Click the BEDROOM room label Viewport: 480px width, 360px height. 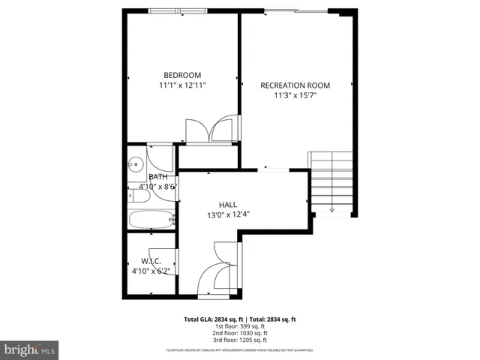pyautogui.click(x=182, y=74)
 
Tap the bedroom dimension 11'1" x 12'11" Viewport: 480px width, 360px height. pyautogui.click(x=182, y=85)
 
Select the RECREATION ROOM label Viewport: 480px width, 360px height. pyautogui.click(x=295, y=85)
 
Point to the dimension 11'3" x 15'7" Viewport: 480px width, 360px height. pyautogui.click(x=295, y=95)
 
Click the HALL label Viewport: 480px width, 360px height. pyautogui.click(x=228, y=204)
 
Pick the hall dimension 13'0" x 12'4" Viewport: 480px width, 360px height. pyautogui.click(x=228, y=214)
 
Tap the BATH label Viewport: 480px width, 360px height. pyautogui.click(x=157, y=176)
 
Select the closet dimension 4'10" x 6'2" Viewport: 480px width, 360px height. pyautogui.click(x=151, y=271)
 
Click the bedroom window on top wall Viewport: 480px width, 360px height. pyautogui.click(x=178, y=10)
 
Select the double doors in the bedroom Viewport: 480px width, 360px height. pyautogui.click(x=211, y=130)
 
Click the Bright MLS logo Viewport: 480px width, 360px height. pyautogui.click(x=30, y=349)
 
